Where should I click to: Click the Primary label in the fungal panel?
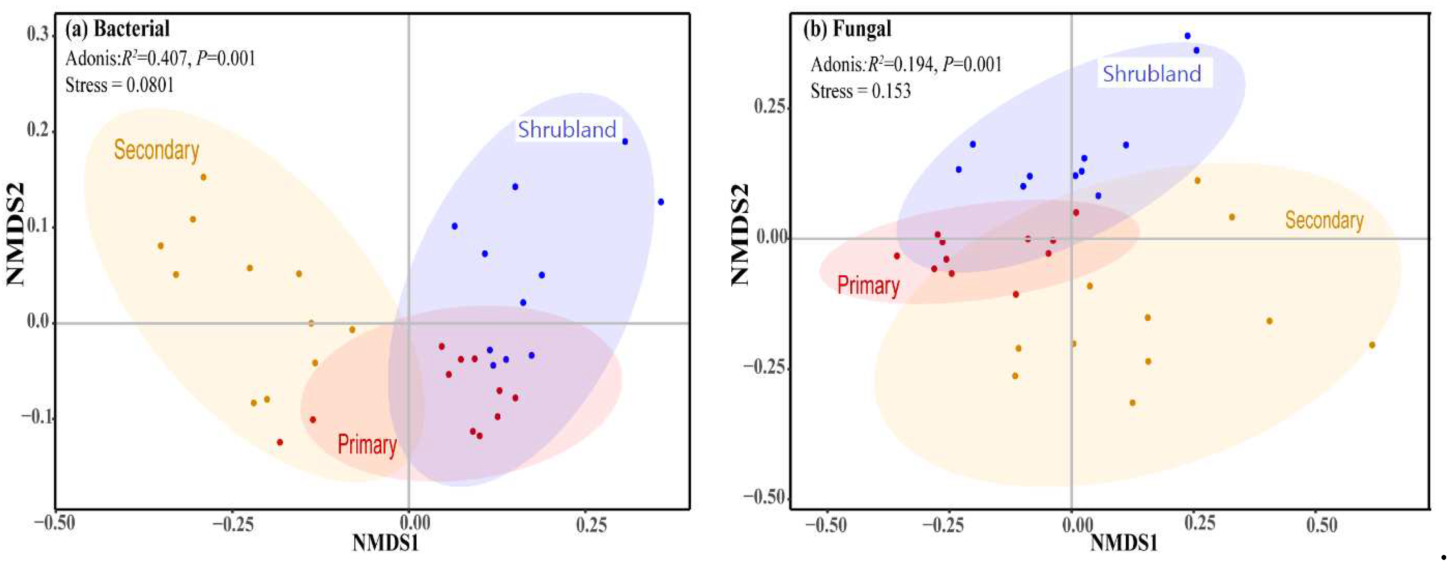coord(868,285)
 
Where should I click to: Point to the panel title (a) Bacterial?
coord(117,29)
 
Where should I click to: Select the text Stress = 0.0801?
coord(119,85)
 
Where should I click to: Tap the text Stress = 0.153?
coord(860,91)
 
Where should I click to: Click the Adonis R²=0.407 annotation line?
coord(160,58)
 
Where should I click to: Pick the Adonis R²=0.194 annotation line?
coord(906,64)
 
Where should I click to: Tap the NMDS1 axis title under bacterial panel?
coord(385,543)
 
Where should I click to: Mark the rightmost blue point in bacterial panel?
coord(660,202)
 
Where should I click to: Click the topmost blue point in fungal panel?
coord(1187,36)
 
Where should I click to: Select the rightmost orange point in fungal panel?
coord(1371,345)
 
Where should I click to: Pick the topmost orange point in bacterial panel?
coord(203,177)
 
